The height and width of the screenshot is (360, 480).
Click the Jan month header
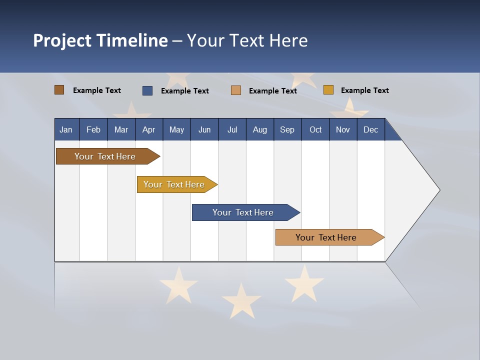(x=66, y=129)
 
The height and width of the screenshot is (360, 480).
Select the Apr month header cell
(x=148, y=129)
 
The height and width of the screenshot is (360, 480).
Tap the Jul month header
(x=232, y=129)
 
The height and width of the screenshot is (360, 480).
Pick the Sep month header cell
(x=287, y=129)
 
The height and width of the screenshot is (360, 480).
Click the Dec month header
(x=370, y=129)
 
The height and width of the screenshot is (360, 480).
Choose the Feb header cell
(x=93, y=129)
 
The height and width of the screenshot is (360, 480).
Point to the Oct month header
(x=315, y=129)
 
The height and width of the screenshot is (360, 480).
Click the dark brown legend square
(x=59, y=90)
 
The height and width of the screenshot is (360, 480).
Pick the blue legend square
(x=147, y=90)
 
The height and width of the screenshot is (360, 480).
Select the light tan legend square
(x=236, y=90)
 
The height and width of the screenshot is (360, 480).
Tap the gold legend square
(x=328, y=90)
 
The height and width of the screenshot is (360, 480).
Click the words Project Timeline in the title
(x=100, y=40)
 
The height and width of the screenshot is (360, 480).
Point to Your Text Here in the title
(x=247, y=40)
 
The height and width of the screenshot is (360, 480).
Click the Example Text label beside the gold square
(x=364, y=90)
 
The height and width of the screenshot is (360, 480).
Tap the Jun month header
(x=204, y=129)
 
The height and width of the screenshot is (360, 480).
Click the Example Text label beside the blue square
(x=184, y=91)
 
